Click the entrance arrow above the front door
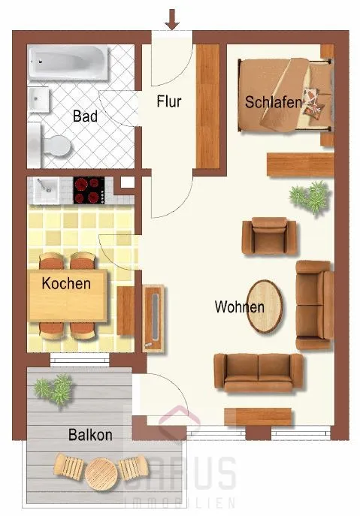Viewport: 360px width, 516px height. tap(172, 20)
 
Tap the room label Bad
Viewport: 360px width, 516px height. tap(85, 116)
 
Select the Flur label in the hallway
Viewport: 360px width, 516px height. tap(169, 101)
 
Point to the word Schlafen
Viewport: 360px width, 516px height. tap(274, 102)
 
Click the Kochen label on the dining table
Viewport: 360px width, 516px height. tap(66, 283)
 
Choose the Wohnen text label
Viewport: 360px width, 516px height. tap(240, 306)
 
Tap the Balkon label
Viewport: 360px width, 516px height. tap(90, 435)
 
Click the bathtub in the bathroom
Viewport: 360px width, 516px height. tap(68, 62)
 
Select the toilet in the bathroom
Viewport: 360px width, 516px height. tap(51, 145)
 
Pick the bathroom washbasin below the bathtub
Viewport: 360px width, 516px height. tap(38, 99)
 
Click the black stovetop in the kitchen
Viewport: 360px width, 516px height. tap(89, 191)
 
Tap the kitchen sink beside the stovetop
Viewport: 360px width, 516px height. tap(46, 190)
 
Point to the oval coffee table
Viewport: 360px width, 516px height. tap(265, 306)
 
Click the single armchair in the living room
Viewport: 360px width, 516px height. tap(269, 236)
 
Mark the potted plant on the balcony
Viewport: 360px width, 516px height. tap(54, 390)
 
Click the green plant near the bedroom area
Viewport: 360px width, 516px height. tap(310, 198)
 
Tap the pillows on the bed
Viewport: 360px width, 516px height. tap(313, 102)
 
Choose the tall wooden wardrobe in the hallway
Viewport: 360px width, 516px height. tap(208, 107)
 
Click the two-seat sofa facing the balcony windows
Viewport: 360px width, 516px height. tap(259, 373)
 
